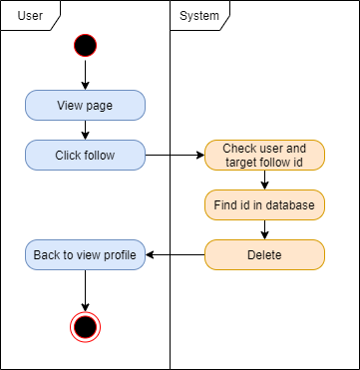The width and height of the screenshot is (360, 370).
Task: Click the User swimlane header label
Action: pos(31,15)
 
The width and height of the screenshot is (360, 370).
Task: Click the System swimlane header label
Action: pos(199,15)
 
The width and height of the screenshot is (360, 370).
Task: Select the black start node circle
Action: pos(85,45)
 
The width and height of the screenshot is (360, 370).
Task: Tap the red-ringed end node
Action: pos(85,325)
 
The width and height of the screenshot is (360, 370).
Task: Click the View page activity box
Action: pos(85,105)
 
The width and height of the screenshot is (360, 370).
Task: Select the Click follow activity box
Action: pos(85,155)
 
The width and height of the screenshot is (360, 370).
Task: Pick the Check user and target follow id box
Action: pos(264,155)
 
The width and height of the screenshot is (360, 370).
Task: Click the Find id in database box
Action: pos(264,204)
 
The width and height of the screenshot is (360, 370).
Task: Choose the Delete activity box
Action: pos(264,255)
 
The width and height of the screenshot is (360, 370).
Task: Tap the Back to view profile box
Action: pos(85,255)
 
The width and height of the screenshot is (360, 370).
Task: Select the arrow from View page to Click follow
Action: pos(85,130)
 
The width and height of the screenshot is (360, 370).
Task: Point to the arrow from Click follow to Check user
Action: pos(175,155)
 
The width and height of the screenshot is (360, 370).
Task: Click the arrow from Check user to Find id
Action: pos(264,180)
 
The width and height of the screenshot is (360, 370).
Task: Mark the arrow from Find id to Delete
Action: pos(264,229)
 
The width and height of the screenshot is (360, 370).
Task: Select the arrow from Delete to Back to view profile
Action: pos(175,255)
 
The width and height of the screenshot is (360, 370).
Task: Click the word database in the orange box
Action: pos(288,204)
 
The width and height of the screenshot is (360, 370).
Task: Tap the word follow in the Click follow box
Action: pos(101,155)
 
